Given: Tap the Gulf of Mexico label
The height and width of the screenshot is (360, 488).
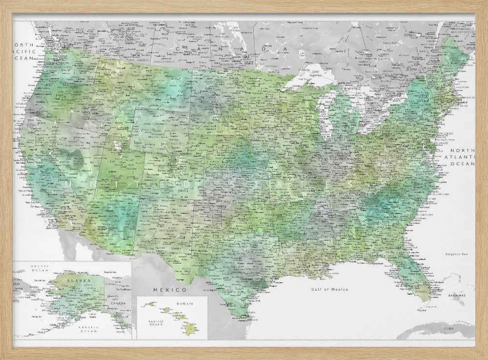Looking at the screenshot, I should point(330,289).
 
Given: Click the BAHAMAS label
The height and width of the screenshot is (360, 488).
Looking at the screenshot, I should point(458,296).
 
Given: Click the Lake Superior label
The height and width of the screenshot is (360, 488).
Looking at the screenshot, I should point(311,73).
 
